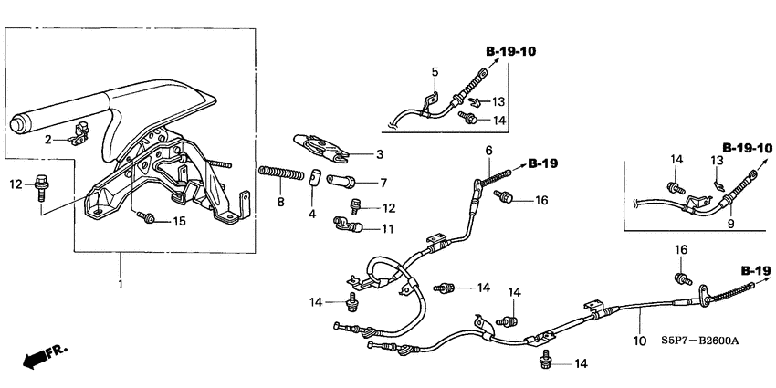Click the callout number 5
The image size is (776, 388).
click(x=435, y=71)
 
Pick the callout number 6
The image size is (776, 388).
click(x=488, y=150)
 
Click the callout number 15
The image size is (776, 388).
click(x=179, y=221)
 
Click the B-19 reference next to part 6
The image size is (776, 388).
click(x=541, y=164)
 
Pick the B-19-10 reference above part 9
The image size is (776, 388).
click(x=748, y=147)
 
